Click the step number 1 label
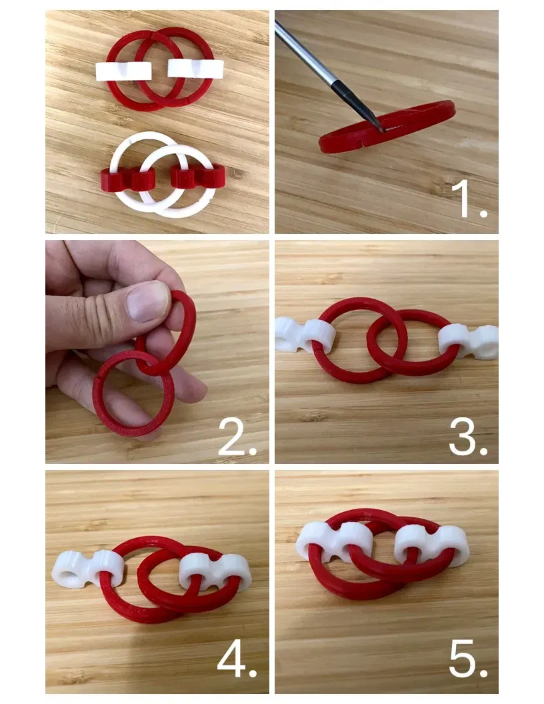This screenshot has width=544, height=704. click(x=469, y=199)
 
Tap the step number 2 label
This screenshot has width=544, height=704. click(x=237, y=437)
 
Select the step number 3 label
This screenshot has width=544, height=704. click(x=468, y=437)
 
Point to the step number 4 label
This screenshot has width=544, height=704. click(x=237, y=659)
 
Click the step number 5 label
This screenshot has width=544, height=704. click(x=468, y=659)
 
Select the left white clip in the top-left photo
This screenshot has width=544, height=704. click(x=123, y=71)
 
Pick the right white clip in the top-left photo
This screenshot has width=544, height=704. click(x=196, y=68)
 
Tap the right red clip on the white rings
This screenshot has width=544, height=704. click(x=197, y=176)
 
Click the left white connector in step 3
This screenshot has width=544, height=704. click(x=305, y=335)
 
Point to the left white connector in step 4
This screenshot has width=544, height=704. click(x=87, y=569)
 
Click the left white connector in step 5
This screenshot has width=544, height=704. click(x=335, y=541)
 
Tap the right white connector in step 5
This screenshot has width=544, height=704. click(x=431, y=544)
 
